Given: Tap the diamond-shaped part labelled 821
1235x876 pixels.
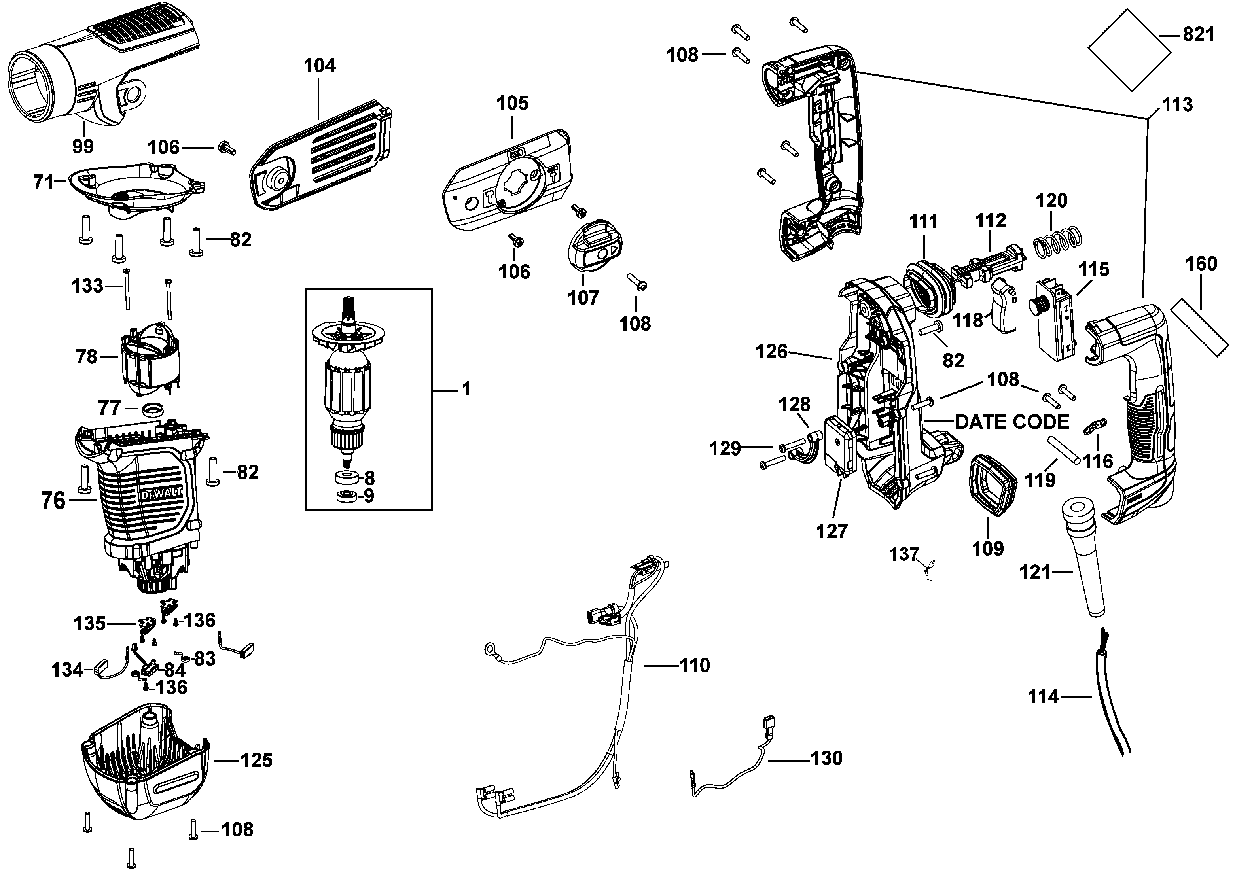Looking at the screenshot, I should pyautogui.click(x=1129, y=49).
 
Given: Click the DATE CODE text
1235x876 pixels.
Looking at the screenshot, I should pyautogui.click(x=1011, y=422).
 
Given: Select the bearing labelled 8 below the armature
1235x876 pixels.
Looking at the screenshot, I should pyautogui.click(x=345, y=478).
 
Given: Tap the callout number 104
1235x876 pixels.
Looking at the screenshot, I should pyautogui.click(x=319, y=66).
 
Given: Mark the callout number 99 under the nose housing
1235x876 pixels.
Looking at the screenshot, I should pyautogui.click(x=83, y=147).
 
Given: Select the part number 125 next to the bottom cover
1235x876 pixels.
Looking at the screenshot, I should pyautogui.click(x=256, y=761).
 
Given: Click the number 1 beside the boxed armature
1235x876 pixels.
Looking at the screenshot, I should pyautogui.click(x=466, y=389).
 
